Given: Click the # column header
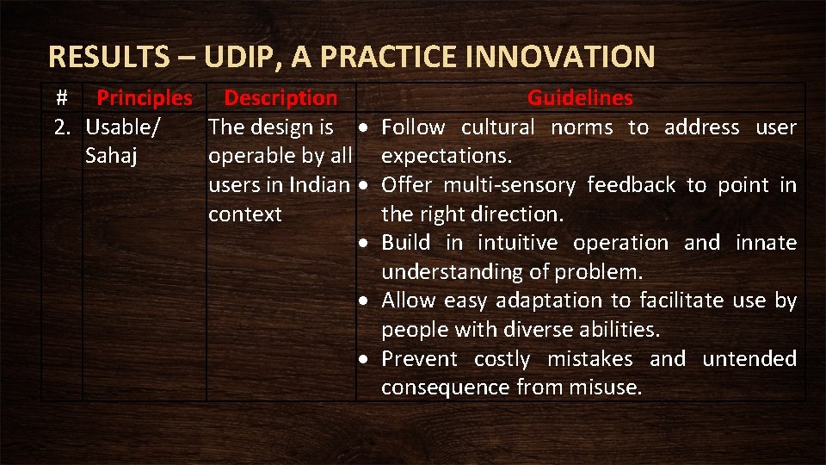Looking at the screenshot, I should [61, 98].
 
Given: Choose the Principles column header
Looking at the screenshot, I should [145, 98].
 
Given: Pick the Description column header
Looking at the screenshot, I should [280, 98].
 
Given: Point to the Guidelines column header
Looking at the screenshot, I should [580, 98].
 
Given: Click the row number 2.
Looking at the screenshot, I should [62, 127].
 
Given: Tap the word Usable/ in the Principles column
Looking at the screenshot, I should [122, 127].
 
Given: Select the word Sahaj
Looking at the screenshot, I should [112, 157].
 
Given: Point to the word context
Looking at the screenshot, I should [245, 214].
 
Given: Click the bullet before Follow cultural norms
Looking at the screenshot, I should [366, 128].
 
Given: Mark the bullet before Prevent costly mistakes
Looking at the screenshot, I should [366, 359].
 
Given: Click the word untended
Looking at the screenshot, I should [749, 358].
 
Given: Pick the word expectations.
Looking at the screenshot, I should [447, 157].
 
